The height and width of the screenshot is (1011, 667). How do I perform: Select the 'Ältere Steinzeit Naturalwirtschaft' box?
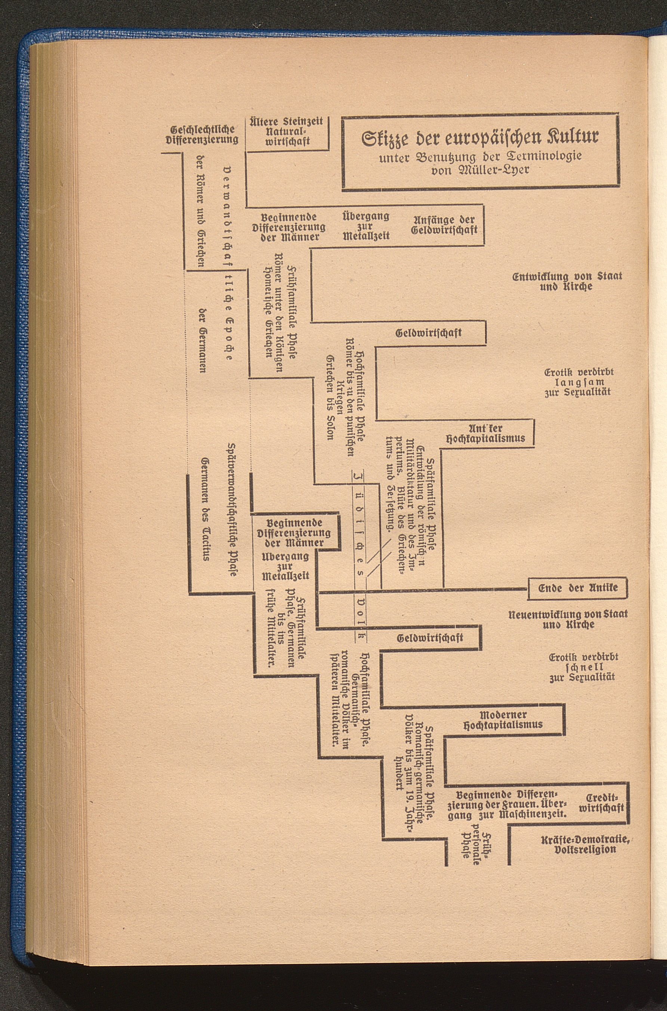pos(288,132)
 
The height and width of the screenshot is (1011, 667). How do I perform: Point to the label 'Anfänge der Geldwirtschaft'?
pos(444,225)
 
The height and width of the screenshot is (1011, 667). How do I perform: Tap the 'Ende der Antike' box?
pos(577,588)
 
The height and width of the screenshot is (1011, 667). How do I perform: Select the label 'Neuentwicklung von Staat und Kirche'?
pos(568,620)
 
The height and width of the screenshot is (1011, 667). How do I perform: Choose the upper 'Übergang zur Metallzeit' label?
pos(366,226)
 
